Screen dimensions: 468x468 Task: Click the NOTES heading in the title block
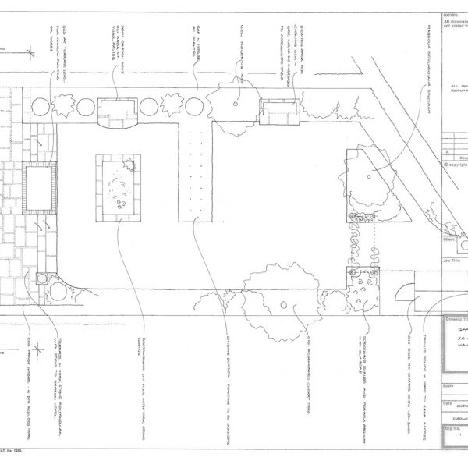pyautogui.click(x=449, y=15)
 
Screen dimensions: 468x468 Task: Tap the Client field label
pyautogui.click(x=448, y=240)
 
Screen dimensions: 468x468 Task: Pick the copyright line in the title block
pyautogui.click(x=455, y=165)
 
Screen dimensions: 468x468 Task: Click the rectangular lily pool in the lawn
pyautogui.click(x=117, y=187)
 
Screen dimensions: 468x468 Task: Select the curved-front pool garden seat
pyautogui.click(x=118, y=112)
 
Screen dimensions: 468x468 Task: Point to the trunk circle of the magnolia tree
pyautogui.click(x=367, y=179)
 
